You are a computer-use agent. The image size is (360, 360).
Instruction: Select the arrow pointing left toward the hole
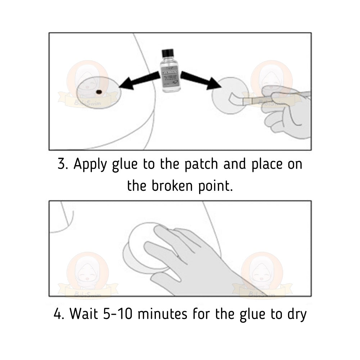138,81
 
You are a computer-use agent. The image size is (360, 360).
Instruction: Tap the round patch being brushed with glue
223,95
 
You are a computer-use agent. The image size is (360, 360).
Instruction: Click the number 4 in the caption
57,314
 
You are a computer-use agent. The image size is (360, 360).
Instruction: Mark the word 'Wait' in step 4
83,314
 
